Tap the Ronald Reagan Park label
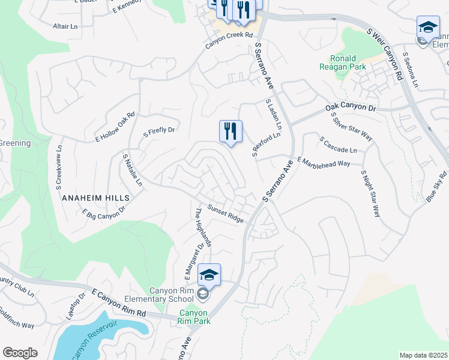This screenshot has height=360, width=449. click(x=348, y=63)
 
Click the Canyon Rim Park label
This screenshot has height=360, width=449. click(x=194, y=317)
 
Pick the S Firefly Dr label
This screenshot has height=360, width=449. click(x=159, y=131)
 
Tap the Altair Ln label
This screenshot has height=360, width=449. click(x=65, y=27)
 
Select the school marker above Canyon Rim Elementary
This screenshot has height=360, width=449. click(x=209, y=275)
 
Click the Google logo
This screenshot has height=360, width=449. click(x=20, y=353)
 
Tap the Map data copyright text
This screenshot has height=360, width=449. click(x=424, y=355)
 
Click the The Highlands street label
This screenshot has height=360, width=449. click(x=203, y=227)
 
